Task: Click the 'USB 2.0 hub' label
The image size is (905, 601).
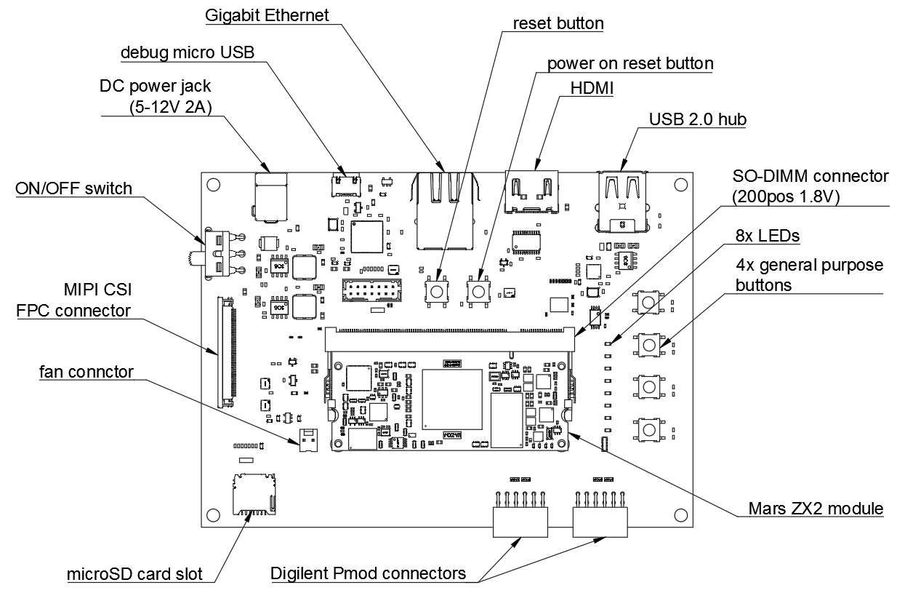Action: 698,119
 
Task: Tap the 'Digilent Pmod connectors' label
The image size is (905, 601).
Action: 368,573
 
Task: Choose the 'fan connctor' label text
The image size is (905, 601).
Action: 87,372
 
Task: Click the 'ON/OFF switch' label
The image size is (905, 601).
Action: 73,189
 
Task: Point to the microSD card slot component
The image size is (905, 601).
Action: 252,493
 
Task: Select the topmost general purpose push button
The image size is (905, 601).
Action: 648,301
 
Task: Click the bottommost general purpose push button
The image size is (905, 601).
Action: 648,428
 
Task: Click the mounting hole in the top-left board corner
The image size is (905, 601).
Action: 213,185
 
